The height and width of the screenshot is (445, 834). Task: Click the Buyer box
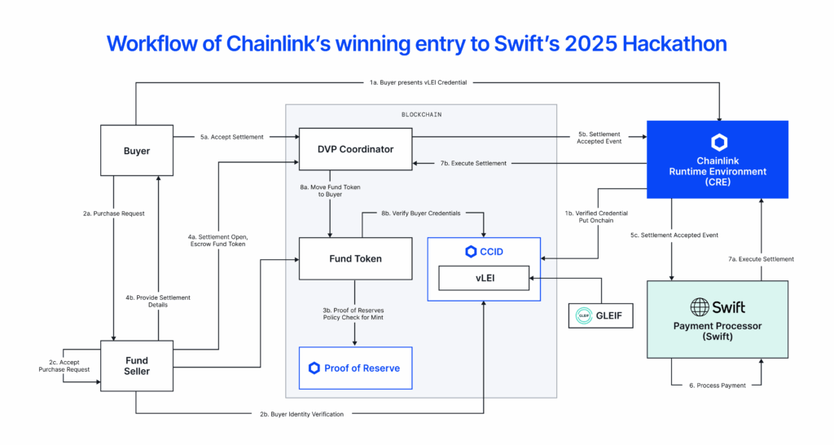tap(137, 151)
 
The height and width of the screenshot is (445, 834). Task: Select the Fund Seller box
tap(137, 365)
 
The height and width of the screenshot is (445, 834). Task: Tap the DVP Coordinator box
tap(355, 148)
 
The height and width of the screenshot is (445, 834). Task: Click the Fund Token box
tap(355, 258)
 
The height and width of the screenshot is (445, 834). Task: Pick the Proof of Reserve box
tap(355, 368)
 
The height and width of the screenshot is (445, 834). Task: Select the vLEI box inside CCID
tap(484, 279)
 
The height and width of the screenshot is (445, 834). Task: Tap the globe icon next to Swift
tap(699, 307)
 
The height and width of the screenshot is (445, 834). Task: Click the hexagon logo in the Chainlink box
tap(718, 142)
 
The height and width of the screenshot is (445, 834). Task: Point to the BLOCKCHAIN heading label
tap(420, 116)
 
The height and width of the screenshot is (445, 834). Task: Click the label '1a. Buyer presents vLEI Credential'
tap(417, 82)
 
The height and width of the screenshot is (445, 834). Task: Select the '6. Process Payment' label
tap(718, 385)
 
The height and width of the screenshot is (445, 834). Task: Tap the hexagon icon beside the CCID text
tap(470, 252)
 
